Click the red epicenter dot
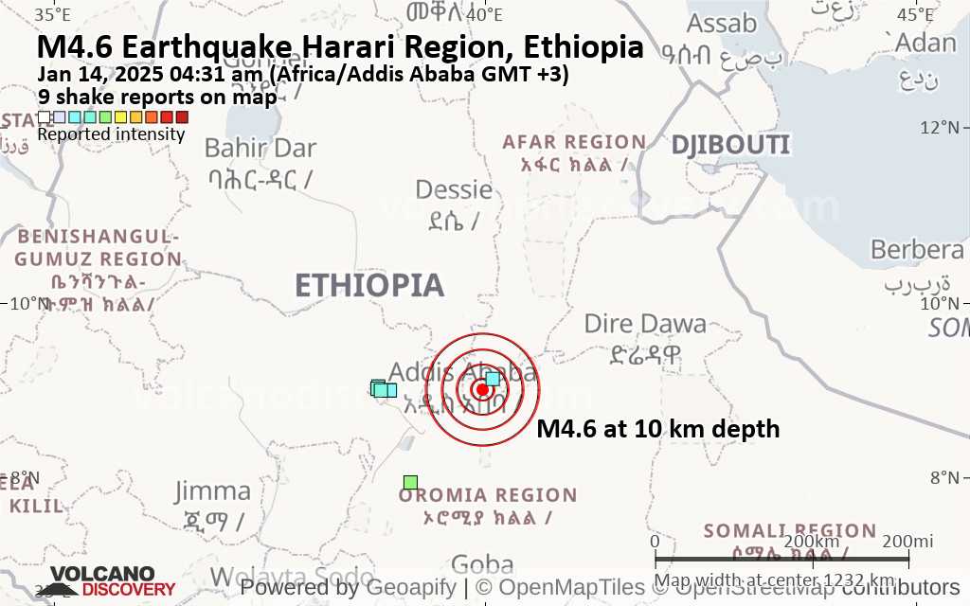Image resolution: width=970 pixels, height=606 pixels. point(482,389)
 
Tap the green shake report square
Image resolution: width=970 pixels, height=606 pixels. point(410,483)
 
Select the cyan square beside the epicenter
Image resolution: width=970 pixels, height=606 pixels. point(493,379)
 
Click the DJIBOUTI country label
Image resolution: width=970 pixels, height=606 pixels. point(730,145)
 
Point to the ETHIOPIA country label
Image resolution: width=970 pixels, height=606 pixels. point(368,285)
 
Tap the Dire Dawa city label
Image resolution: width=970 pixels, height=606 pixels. point(645,324)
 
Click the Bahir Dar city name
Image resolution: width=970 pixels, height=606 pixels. point(260,148)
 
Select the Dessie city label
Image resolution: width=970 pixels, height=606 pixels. point(454,189)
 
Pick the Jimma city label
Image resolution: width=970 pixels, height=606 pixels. point(213,490)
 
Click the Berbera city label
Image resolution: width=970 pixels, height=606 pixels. point(917,250)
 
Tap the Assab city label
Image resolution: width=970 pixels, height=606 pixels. point(722,23)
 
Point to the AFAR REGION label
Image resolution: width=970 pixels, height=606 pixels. point(574,142)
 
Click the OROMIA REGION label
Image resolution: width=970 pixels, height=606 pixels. point(488,495)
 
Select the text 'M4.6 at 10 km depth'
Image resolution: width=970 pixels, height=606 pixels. point(658,429)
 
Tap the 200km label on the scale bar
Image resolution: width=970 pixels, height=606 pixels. point(814,541)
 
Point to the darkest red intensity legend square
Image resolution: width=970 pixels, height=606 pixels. point(182,117)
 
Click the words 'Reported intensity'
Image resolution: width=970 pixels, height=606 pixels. point(111,134)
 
